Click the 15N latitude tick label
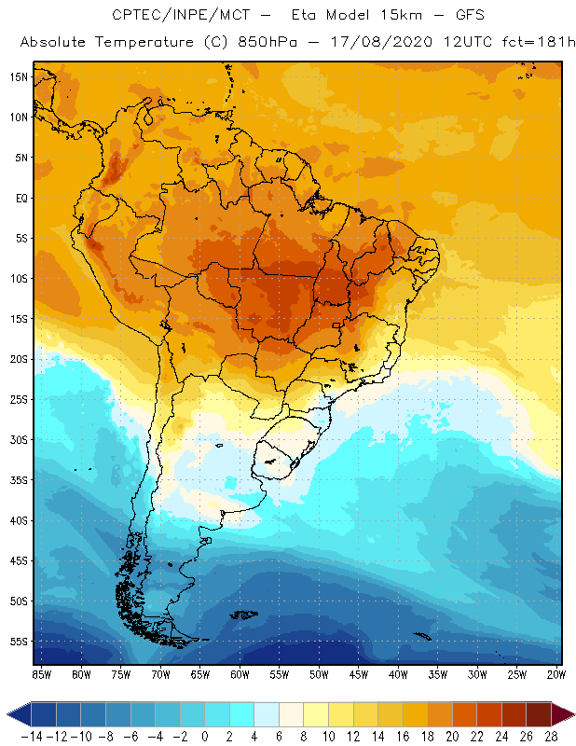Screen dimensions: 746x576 tap(18, 76)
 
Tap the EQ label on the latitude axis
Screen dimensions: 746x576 tap(20, 198)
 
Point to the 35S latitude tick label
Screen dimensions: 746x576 tap(18, 480)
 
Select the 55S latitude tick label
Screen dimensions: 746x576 tap(18, 642)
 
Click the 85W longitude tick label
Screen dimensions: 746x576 tap(42, 674)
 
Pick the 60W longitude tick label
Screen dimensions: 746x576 tap(240, 674)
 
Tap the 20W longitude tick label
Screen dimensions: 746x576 tap(555, 674)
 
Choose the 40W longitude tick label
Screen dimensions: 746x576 tap(398, 674)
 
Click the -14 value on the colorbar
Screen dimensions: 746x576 tap(33, 737)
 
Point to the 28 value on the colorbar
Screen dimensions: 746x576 tap(551, 737)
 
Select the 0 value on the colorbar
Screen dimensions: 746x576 tap(205, 737)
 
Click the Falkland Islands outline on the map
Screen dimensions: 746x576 tap(245, 615)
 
